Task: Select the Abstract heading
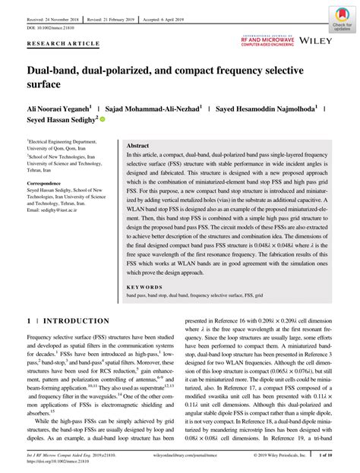click(x=137, y=144)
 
